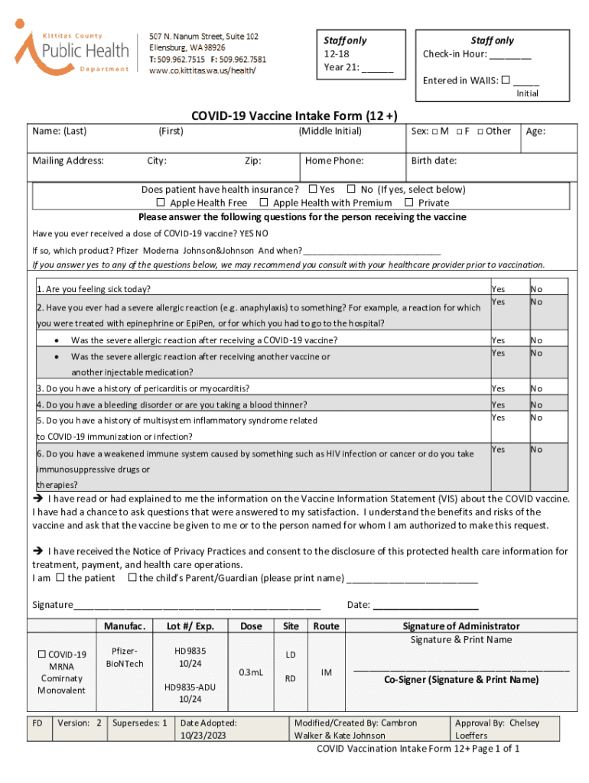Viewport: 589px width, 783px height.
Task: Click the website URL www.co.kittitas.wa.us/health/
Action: [x=202, y=71]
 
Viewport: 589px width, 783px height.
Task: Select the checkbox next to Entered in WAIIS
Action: [x=505, y=80]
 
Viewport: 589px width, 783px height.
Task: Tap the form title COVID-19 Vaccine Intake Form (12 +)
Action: [x=294, y=115]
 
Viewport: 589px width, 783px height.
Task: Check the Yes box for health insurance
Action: [x=313, y=189]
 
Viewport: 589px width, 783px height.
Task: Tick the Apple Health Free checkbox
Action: [x=161, y=203]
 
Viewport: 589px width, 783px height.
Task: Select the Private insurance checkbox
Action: [x=409, y=203]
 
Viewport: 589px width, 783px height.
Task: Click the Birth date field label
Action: [x=434, y=161]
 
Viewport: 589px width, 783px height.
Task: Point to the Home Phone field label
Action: [x=334, y=161]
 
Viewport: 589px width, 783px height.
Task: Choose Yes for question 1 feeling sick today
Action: [x=498, y=289]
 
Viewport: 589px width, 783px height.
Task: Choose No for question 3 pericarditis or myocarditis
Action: [x=537, y=388]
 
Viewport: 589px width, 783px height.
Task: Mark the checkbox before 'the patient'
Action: [x=60, y=577]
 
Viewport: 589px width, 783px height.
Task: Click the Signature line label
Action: [x=52, y=605]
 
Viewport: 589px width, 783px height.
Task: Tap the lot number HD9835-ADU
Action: [x=190, y=687]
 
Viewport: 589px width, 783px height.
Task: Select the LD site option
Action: [x=291, y=655]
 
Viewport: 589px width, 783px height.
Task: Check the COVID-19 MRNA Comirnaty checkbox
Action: [x=43, y=655]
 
